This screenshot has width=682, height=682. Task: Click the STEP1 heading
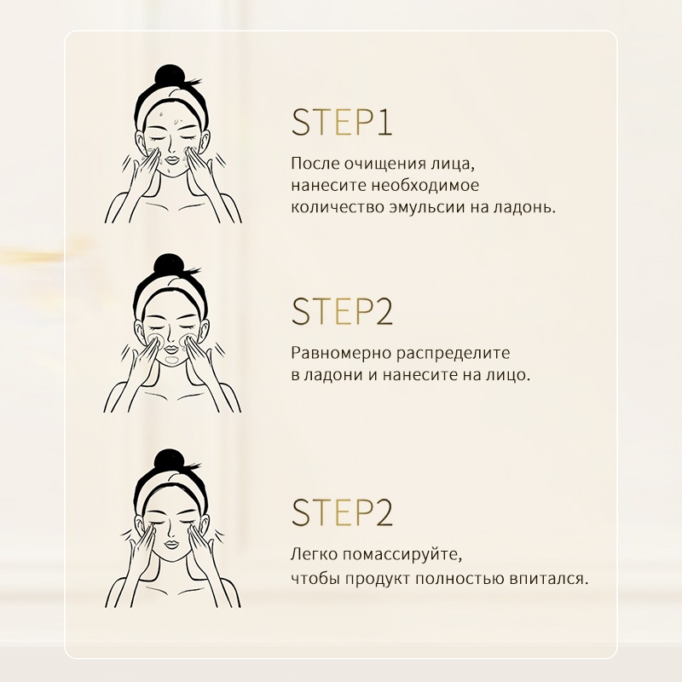pos(342,122)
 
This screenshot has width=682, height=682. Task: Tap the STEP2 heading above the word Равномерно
pos(342,311)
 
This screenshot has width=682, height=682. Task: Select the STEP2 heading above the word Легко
pos(342,512)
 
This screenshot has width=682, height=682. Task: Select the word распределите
pos(454,354)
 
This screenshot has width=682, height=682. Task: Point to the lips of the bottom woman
pos(171,544)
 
